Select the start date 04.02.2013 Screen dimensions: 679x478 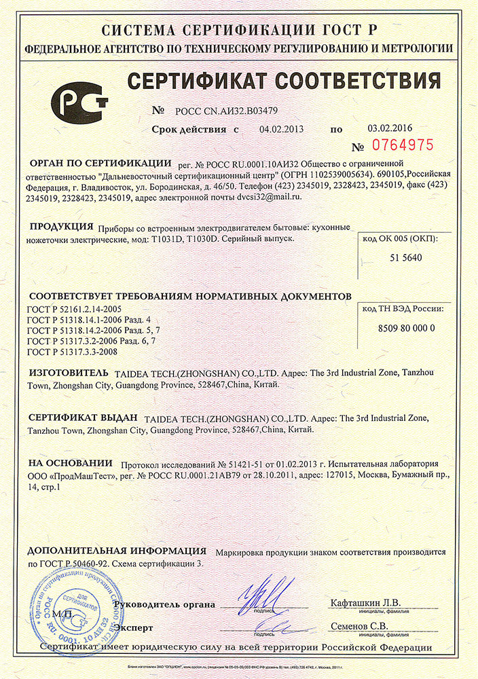click(x=281, y=128)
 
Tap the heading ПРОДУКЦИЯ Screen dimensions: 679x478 click(x=62, y=227)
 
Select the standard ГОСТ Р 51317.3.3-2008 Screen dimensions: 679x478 click(x=72, y=352)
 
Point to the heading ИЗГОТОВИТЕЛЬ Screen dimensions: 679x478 click(x=68, y=373)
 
